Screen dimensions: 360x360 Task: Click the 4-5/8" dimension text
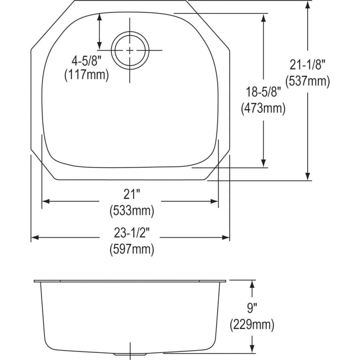86,62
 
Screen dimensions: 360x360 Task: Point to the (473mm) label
263,108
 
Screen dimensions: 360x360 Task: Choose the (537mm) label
308,81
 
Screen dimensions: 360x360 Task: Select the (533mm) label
132,210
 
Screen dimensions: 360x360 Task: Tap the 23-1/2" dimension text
132,234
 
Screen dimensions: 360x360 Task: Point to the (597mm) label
132,250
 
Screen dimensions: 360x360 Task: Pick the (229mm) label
252,324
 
